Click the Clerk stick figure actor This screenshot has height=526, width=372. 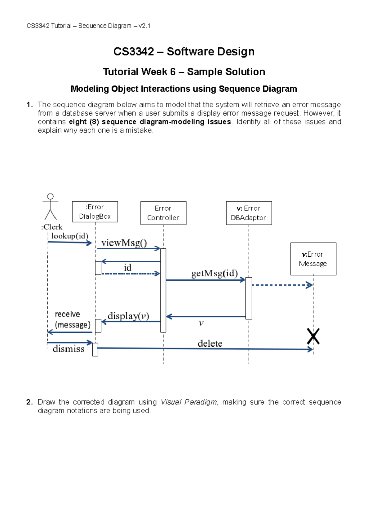(x=51, y=207)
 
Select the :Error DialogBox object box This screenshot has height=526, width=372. (x=95, y=212)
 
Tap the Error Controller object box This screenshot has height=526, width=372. (x=163, y=213)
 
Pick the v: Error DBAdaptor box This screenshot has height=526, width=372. (x=249, y=213)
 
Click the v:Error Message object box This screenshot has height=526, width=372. (x=313, y=259)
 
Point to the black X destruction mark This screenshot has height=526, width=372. (x=313, y=336)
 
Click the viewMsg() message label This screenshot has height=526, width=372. (x=124, y=243)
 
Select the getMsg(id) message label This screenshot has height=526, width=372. (x=215, y=273)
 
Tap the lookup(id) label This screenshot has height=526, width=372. (x=70, y=236)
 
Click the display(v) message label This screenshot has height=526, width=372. (x=128, y=316)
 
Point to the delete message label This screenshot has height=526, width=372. (x=210, y=343)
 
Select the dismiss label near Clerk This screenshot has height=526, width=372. (x=69, y=349)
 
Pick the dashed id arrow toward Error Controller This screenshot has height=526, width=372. (x=130, y=274)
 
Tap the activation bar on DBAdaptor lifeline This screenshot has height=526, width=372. (x=249, y=298)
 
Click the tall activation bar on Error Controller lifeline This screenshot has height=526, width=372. (x=163, y=290)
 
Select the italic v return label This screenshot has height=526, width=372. (x=201, y=323)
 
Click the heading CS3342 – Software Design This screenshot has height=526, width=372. (x=184, y=51)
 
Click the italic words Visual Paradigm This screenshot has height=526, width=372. (x=189, y=402)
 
